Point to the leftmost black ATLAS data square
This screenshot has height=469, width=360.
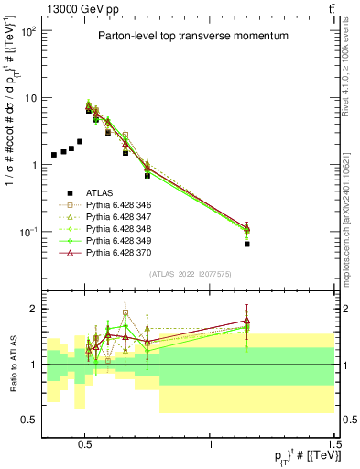[54, 155]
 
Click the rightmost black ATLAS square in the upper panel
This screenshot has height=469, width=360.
[323, 245]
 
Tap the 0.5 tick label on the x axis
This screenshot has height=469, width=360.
[85, 442]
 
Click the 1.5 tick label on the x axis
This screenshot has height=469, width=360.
[335, 442]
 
